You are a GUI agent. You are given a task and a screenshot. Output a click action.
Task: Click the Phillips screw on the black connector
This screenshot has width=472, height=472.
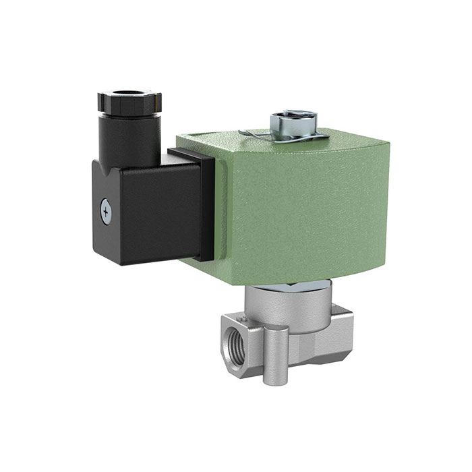click(105, 211)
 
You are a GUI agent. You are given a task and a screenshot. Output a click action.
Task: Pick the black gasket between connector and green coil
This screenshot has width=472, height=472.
click(206, 206)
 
